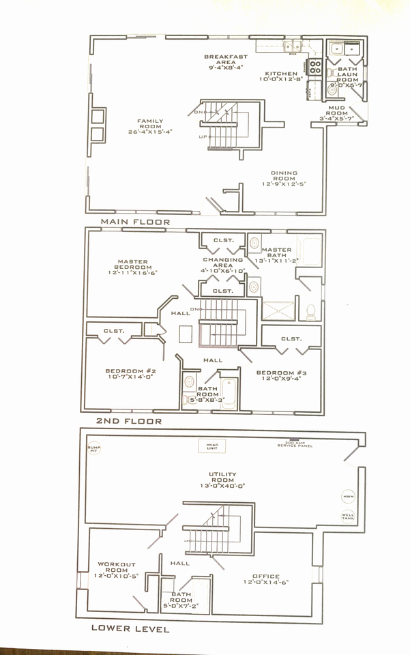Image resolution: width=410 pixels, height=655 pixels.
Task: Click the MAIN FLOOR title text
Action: coord(135,222)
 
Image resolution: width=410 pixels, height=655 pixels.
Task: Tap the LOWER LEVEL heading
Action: coord(130,628)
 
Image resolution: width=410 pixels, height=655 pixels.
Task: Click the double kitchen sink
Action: coord(282,46)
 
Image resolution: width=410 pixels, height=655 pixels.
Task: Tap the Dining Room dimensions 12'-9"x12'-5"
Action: coord(284,184)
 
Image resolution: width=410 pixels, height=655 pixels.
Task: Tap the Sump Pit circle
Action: coord(93,449)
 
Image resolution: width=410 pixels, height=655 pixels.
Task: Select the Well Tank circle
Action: coord(348,516)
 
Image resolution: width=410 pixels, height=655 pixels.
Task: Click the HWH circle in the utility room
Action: coord(348,496)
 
